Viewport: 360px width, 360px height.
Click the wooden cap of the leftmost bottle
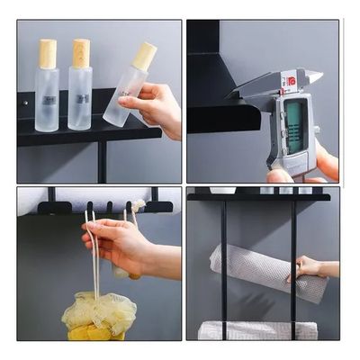pos(47,53)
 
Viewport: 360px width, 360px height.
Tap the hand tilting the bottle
pos(157,108)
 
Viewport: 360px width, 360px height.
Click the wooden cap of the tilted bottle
pos(144,56)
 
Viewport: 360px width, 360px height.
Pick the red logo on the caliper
pos(290,80)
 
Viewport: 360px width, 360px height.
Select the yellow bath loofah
pos(99,315)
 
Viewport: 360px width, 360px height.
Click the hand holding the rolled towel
pos(310,267)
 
